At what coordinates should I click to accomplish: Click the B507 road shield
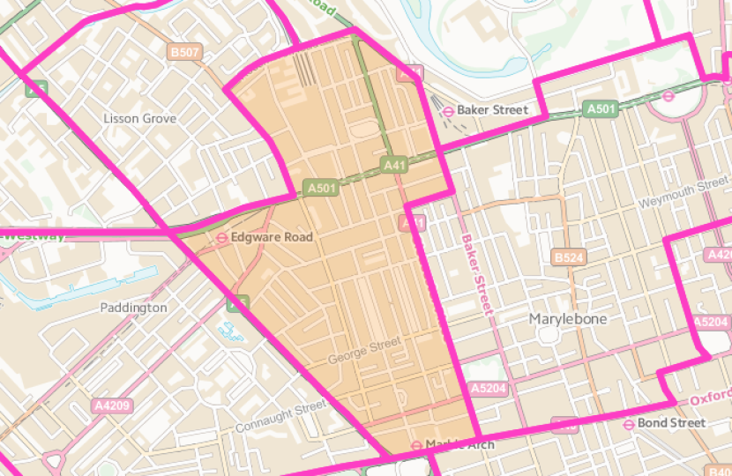184,53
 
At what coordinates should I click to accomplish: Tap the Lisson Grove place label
139,118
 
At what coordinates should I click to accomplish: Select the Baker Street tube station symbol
449,110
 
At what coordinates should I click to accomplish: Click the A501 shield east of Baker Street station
600,108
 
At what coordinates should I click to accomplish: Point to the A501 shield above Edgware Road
320,188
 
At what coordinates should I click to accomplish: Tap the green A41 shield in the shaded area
394,165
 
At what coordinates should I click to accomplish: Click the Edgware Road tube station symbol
222,237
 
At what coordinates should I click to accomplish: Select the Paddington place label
132,308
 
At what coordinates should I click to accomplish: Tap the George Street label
363,353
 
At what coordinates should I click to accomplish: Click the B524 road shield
569,257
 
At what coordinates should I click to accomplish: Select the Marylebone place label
567,319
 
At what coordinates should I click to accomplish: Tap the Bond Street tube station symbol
627,423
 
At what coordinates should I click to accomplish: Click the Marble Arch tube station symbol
416,444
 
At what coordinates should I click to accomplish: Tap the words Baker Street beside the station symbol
492,110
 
